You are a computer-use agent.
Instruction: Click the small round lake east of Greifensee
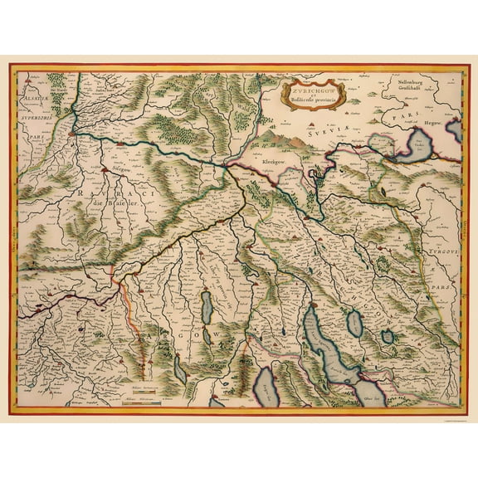click(387, 337)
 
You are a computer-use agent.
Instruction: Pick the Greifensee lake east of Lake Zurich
click(354, 323)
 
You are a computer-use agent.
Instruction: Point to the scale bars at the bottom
click(132, 393)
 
